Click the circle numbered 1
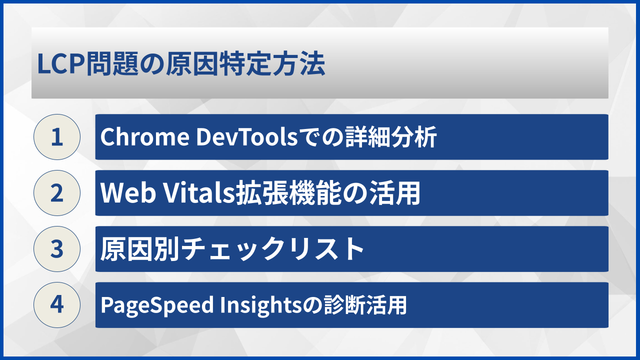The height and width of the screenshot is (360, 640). tap(57, 137)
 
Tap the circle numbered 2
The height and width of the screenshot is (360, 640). tap(57, 193)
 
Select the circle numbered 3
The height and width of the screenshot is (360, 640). tap(57, 249)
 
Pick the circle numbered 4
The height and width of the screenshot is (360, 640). tap(57, 305)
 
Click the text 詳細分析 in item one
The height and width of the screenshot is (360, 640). tap(391, 137)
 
